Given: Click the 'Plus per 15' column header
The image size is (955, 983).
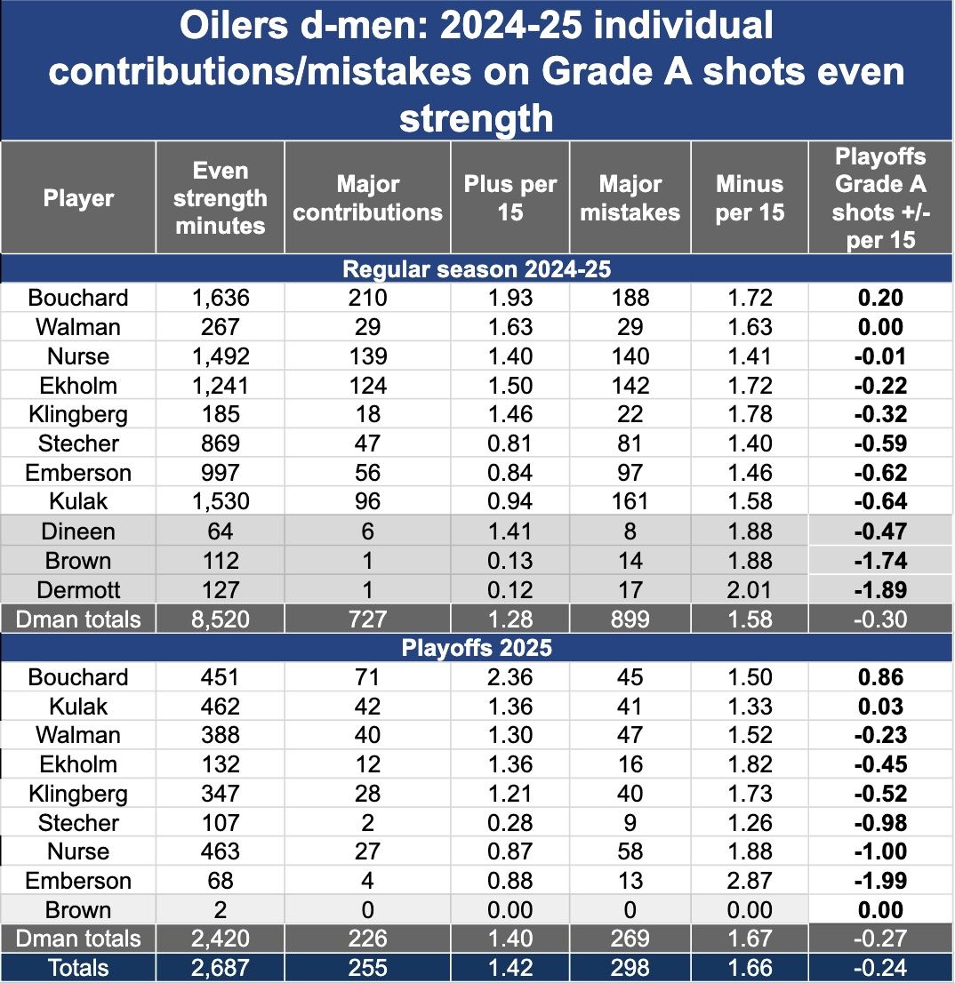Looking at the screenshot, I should tap(510, 198).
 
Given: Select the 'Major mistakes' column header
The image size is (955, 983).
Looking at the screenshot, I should tap(630, 198).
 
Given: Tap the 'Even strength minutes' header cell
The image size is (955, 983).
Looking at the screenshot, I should tap(220, 198).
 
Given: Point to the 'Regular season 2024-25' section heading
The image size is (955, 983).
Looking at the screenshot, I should tap(477, 268).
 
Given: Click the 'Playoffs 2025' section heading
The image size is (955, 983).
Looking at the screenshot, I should tap(477, 648).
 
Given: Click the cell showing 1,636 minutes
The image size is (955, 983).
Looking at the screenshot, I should tap(221, 298).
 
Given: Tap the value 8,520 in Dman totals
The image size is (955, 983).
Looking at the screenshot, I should tap(221, 619).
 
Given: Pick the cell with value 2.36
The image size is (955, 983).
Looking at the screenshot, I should tap(510, 677).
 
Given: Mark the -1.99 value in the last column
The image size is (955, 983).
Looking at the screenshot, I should tap(879, 881).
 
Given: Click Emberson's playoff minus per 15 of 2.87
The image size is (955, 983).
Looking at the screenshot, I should tap(749, 881).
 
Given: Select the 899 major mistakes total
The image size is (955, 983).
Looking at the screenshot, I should tap(630, 619).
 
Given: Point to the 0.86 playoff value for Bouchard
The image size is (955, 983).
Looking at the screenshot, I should tap(879, 677).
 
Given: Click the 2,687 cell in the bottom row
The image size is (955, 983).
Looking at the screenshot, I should tap(221, 968).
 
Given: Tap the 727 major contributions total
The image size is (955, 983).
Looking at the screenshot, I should tap(367, 619).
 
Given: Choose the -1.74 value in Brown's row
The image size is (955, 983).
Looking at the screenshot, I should tap(879, 561).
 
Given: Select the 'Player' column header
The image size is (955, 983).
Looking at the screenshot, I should tap(78, 198).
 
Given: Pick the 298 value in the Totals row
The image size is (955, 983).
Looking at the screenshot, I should tap(630, 968).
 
